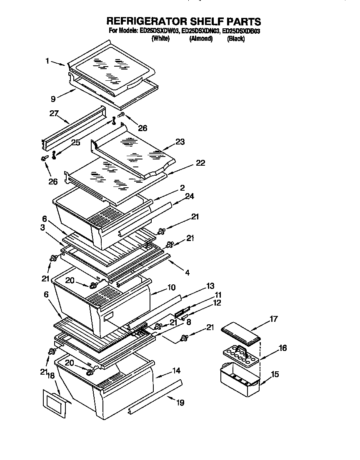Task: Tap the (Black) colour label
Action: click(235, 39)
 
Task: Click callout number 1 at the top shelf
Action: click(48, 61)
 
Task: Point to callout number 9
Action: click(53, 99)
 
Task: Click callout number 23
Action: click(180, 142)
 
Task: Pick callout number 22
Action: click(200, 163)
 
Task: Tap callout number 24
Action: click(190, 196)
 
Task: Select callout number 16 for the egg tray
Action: click(282, 348)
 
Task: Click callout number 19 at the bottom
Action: click(180, 403)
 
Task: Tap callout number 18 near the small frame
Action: click(51, 375)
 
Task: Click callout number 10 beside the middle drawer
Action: click(171, 288)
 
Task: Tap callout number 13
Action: click(210, 286)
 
